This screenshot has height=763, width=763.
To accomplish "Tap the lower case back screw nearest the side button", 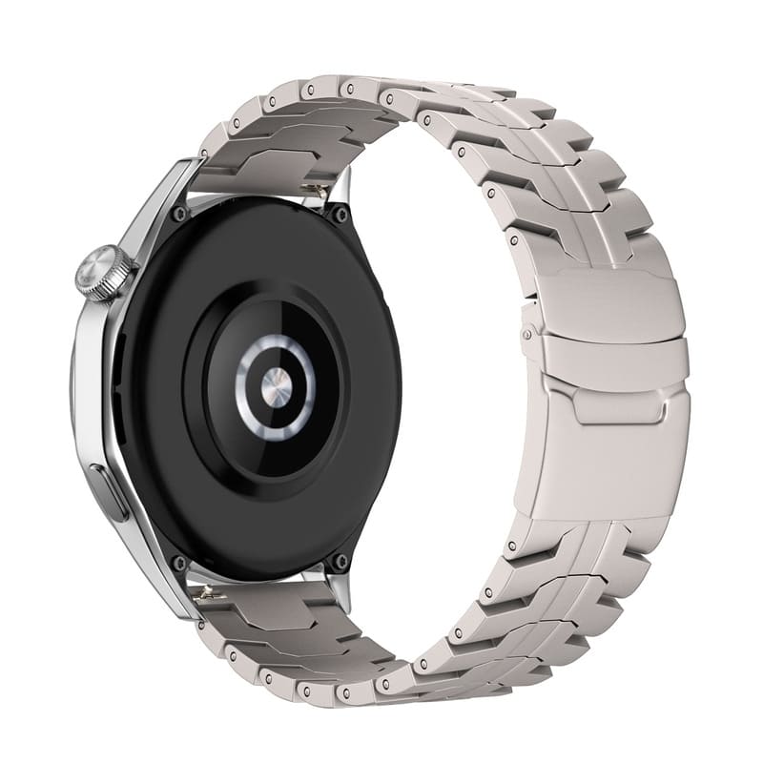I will pyautogui.click(x=178, y=563).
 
